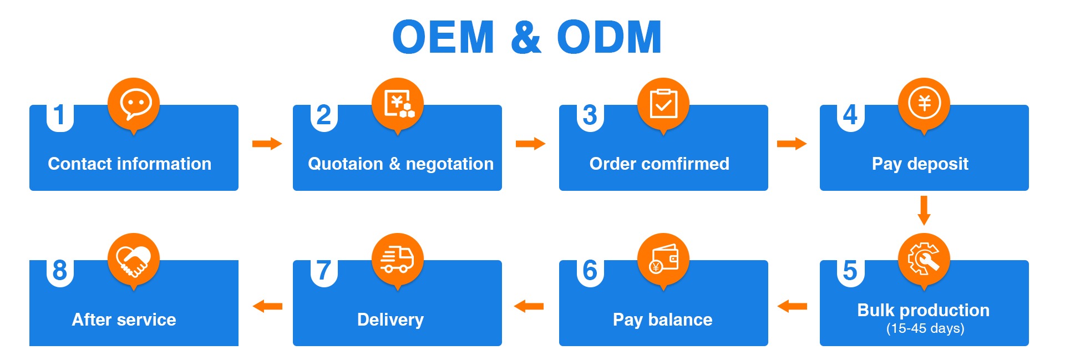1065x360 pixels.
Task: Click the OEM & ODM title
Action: click(527, 37)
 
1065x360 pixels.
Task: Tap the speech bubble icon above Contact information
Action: click(134, 104)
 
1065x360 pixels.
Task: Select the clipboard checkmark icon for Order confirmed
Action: click(663, 104)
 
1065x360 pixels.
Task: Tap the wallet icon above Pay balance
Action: click(663, 259)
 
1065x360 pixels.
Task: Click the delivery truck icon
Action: click(397, 259)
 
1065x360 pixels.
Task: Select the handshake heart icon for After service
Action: click(134, 259)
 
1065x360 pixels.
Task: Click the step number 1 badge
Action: click(60, 116)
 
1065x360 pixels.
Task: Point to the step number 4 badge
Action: click(850, 116)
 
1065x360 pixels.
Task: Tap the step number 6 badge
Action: click(590, 271)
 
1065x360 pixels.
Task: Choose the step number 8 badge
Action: click(60, 271)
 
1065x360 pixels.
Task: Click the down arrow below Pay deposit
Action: click(924, 210)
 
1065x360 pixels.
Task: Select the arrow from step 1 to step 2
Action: click(267, 144)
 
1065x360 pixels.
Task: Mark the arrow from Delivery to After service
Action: click(267, 306)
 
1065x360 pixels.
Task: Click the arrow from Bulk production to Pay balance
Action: click(792, 306)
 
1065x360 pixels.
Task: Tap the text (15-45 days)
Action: click(925, 328)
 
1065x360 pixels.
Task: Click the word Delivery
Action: click(390, 320)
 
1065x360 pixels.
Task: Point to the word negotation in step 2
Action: click(449, 164)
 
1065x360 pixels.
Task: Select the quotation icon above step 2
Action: click(397, 104)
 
